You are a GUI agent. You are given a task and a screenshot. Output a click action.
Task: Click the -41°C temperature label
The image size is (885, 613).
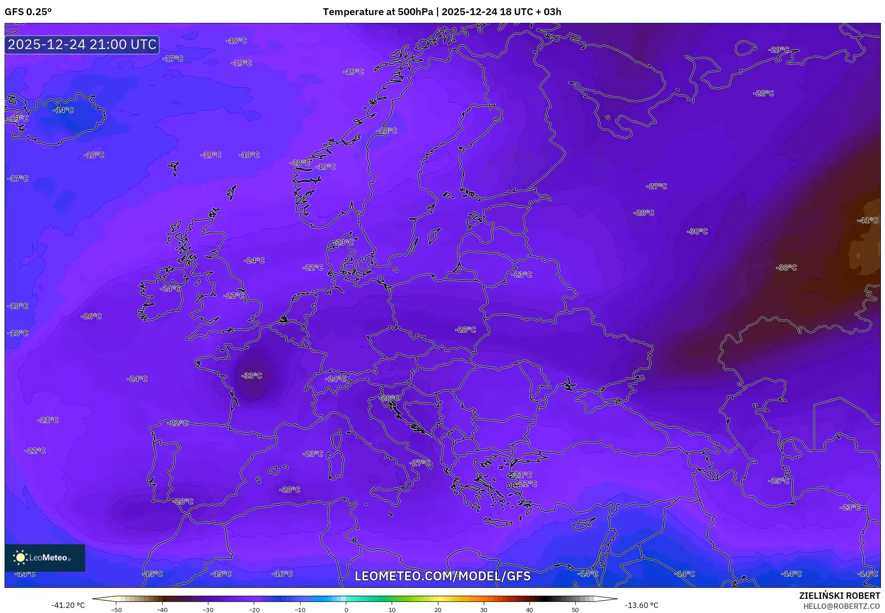[x=868, y=220]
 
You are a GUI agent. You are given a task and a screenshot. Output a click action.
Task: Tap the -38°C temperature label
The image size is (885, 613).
[x=787, y=268]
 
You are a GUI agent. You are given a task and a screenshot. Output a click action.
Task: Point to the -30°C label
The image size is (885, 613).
[x=697, y=232]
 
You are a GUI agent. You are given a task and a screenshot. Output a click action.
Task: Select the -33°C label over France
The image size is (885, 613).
[x=251, y=376]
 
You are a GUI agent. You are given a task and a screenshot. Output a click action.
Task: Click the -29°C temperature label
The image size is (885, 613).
[x=779, y=49]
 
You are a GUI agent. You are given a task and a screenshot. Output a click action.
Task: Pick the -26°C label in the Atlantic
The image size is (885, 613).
[x=91, y=316]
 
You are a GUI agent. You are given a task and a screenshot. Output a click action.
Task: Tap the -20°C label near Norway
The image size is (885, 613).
[x=300, y=163]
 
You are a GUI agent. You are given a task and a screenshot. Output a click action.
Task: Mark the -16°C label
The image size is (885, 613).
[x=282, y=574]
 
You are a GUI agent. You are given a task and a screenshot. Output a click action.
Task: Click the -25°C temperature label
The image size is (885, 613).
[x=779, y=481]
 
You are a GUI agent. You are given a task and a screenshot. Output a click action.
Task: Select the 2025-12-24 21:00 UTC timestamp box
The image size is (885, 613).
[x=82, y=44]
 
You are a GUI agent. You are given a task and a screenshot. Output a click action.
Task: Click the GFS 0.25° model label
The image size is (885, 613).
[x=28, y=12]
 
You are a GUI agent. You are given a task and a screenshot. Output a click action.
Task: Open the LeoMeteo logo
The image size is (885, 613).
[x=45, y=558]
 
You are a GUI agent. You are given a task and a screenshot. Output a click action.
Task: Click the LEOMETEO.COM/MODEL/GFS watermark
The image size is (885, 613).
[x=442, y=576]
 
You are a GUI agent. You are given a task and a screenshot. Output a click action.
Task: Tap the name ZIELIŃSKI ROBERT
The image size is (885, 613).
[x=839, y=596]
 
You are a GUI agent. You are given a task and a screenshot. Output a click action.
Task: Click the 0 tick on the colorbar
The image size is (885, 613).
[x=346, y=610]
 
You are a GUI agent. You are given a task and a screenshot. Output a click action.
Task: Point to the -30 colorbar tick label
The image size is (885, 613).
[x=208, y=610]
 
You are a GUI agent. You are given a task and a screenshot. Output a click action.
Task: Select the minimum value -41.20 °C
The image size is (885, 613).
[x=68, y=605]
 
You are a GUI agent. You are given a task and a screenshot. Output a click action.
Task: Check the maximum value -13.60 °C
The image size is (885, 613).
[x=642, y=605]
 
